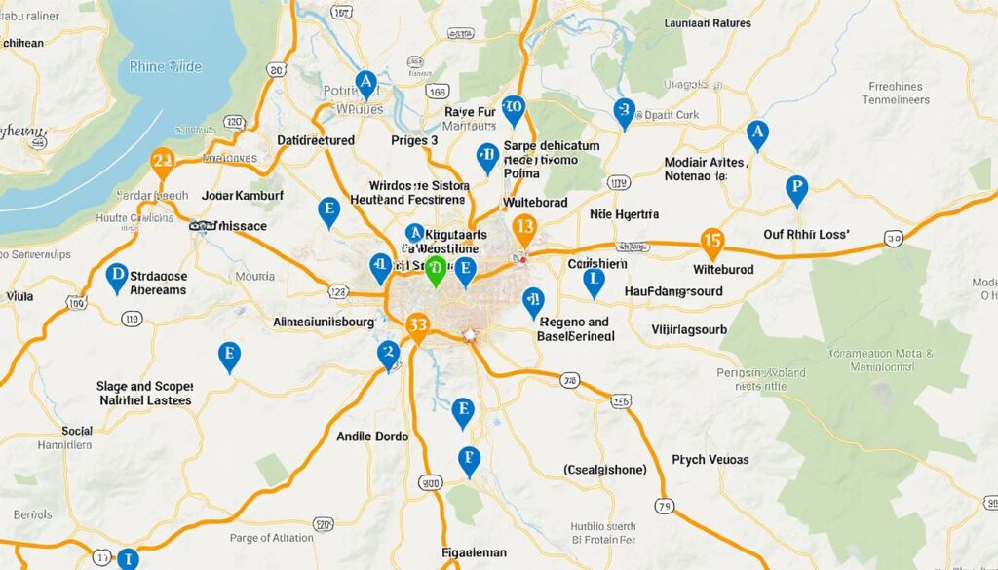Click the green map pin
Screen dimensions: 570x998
point(435,271)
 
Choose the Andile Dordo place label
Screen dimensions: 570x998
point(371,437)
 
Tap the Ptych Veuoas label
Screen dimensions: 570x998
point(710,459)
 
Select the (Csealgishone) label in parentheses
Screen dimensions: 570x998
point(604,470)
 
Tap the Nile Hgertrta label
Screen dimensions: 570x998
point(625,213)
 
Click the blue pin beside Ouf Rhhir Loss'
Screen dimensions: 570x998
point(796,189)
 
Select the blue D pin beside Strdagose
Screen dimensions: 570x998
point(116,278)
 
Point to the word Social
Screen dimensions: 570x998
point(76,431)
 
